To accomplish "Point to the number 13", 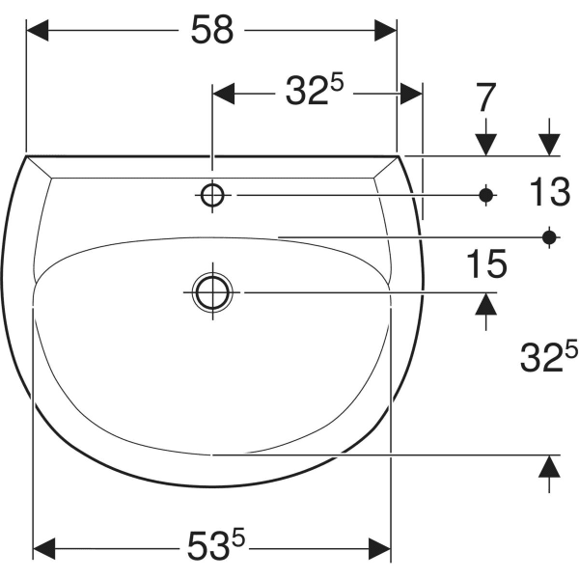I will point(550,194).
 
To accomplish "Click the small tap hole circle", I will point(213,195).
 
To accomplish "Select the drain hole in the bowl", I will point(211,291).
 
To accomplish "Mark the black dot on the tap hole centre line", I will point(486,195).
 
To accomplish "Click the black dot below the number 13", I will point(550,235).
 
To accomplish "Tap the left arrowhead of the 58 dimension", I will point(37,30).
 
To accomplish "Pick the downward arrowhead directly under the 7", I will point(485,143).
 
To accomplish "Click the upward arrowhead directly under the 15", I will point(486,304).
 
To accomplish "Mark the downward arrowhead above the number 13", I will point(550,143).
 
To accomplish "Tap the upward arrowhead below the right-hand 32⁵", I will point(549,467).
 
